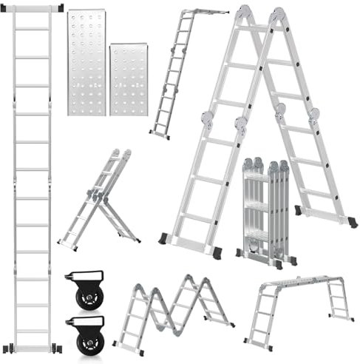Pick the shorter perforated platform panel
tap(129, 80)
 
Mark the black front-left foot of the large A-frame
tap(163, 238)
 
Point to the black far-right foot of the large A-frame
tap(352, 222)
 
